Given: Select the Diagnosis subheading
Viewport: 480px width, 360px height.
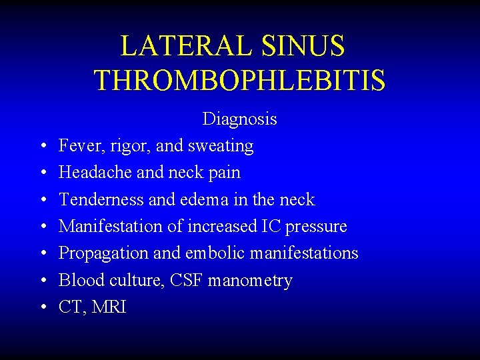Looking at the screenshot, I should click(239, 119).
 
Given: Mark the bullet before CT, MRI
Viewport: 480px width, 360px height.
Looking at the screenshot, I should click(41, 307).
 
